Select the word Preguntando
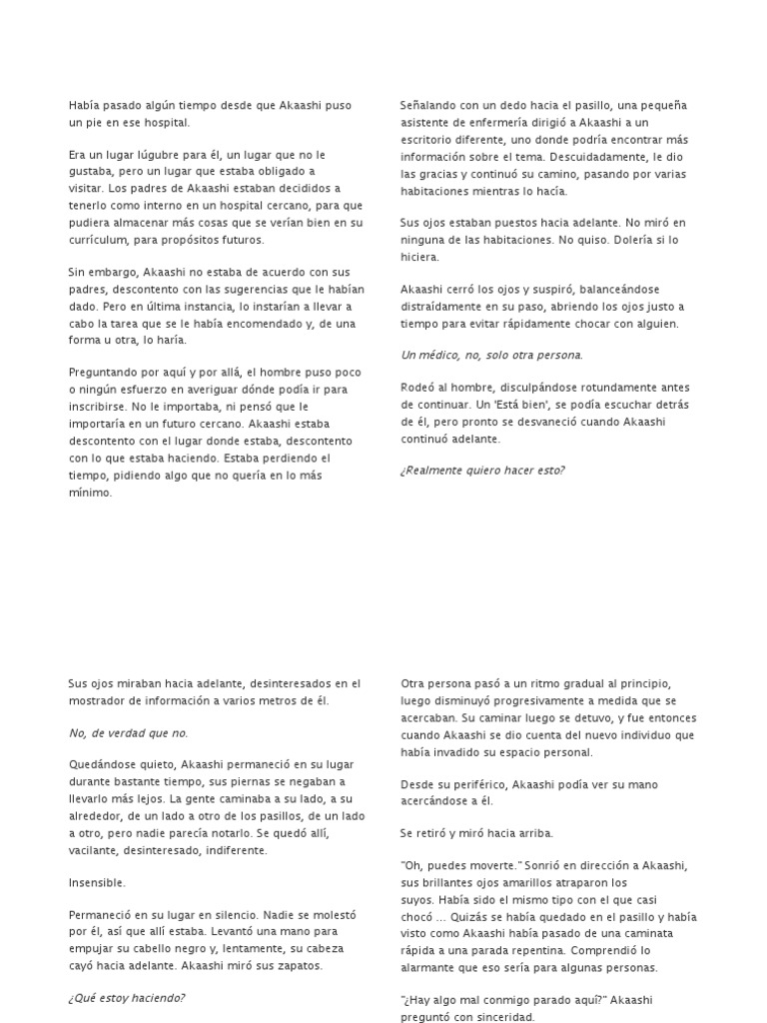pyautogui.click(x=106, y=372)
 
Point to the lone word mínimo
pyautogui.click(x=91, y=493)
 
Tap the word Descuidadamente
pyautogui.click(x=605, y=156)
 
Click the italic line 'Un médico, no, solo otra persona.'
pyautogui.click(x=491, y=355)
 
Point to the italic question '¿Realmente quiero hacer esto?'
pyautogui.click(x=482, y=471)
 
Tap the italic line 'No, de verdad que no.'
pyautogui.click(x=128, y=733)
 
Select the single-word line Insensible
pyautogui.click(x=97, y=883)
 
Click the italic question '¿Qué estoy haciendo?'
pyautogui.click(x=127, y=998)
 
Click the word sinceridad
pyautogui.click(x=502, y=1017)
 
